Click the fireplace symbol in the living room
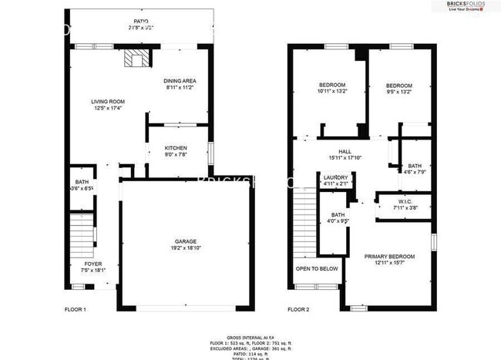[136, 59]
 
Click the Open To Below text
[317, 269]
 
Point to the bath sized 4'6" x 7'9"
[415, 169]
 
